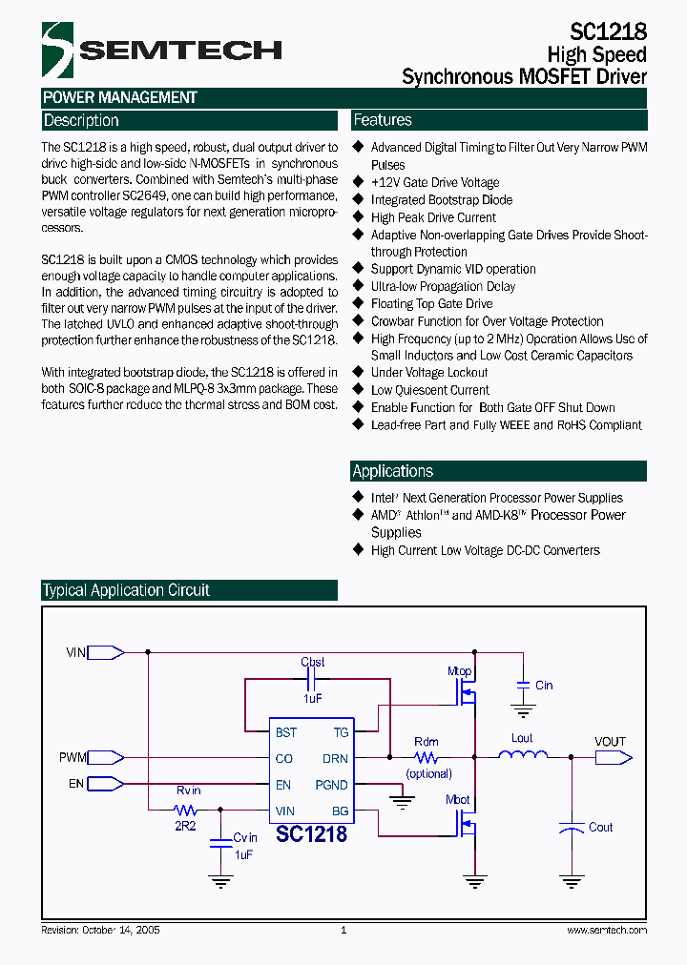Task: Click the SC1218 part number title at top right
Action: coord(609,31)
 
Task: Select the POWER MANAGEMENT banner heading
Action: coord(120,97)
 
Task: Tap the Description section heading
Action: coord(82,121)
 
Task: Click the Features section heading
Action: coord(383,120)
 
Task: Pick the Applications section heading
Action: coord(392,471)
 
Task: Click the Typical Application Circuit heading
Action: coord(126,590)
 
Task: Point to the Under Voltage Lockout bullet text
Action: coord(429,373)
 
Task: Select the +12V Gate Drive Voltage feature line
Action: coord(434,182)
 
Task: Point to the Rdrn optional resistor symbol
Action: coord(427,757)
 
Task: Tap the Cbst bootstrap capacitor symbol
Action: coord(312,679)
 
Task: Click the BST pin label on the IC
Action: coord(285,732)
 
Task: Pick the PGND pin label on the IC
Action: coord(331,785)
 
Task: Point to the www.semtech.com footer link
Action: coord(606,930)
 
